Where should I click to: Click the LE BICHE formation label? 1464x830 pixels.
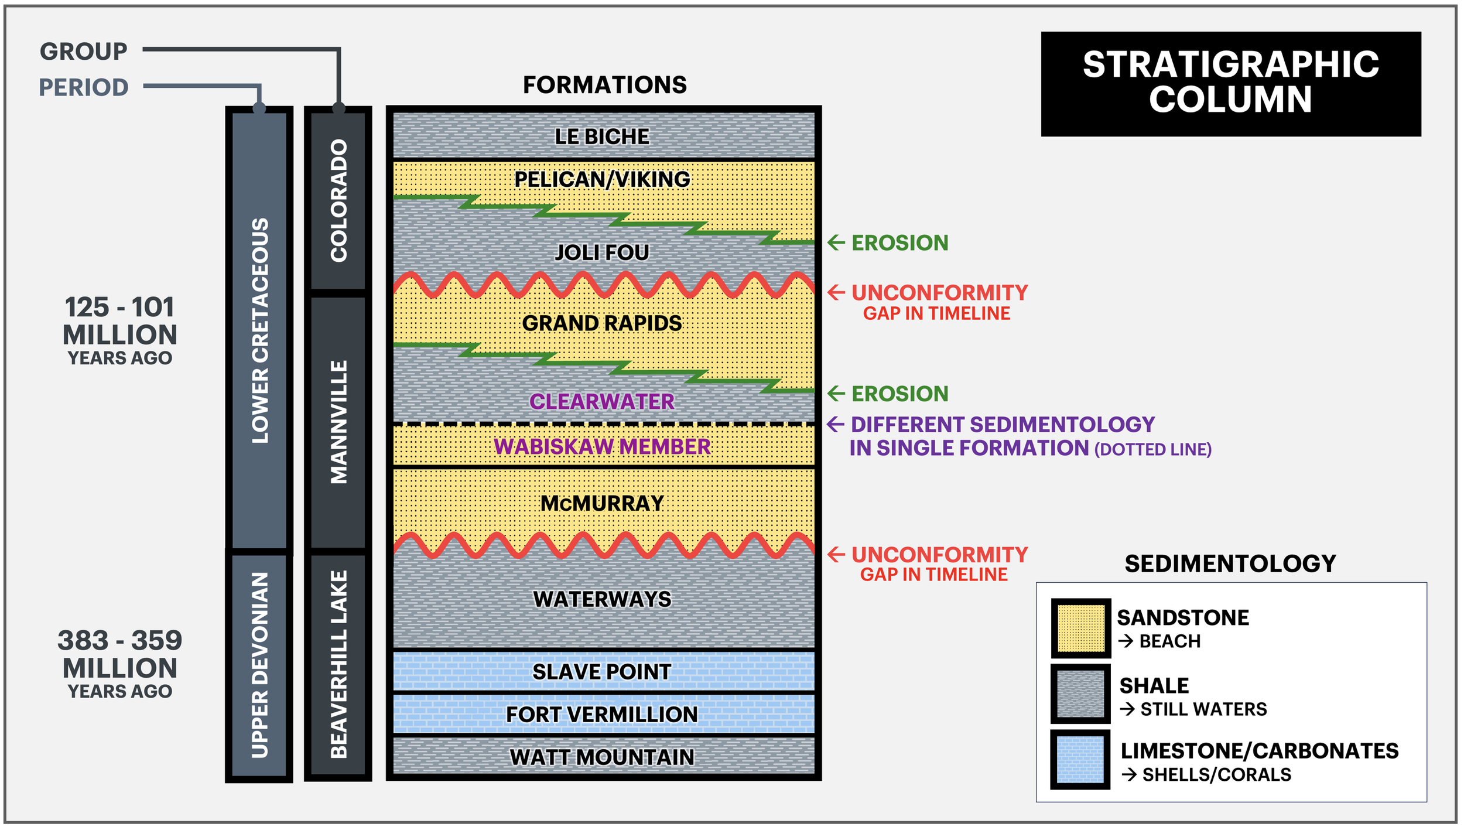click(602, 136)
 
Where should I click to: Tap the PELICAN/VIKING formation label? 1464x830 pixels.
click(602, 179)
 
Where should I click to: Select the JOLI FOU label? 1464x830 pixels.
click(602, 252)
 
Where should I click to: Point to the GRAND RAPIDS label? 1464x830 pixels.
click(602, 323)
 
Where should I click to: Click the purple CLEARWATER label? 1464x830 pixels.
click(602, 402)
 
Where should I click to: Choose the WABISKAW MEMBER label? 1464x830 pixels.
click(602, 447)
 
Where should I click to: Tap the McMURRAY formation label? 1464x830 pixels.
click(602, 504)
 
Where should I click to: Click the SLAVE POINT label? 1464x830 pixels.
click(602, 672)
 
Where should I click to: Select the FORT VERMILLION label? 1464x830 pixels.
click(602, 715)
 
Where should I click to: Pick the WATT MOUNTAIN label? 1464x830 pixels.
click(602, 757)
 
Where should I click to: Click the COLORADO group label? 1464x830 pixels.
click(338, 201)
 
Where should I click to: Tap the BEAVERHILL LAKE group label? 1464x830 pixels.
click(338, 665)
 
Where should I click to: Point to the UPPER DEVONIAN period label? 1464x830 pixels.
click(259, 665)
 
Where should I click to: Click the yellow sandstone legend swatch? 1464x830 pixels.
click(1080, 629)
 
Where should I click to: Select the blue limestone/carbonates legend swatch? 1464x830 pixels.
click(1080, 760)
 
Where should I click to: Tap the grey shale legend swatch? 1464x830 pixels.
click(1080, 694)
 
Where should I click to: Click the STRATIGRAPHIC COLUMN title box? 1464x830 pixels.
click(1230, 84)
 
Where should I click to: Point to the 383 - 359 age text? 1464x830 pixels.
click(120, 641)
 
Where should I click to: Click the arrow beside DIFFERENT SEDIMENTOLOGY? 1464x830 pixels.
click(836, 424)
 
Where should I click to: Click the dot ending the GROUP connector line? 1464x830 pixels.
click(338, 108)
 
